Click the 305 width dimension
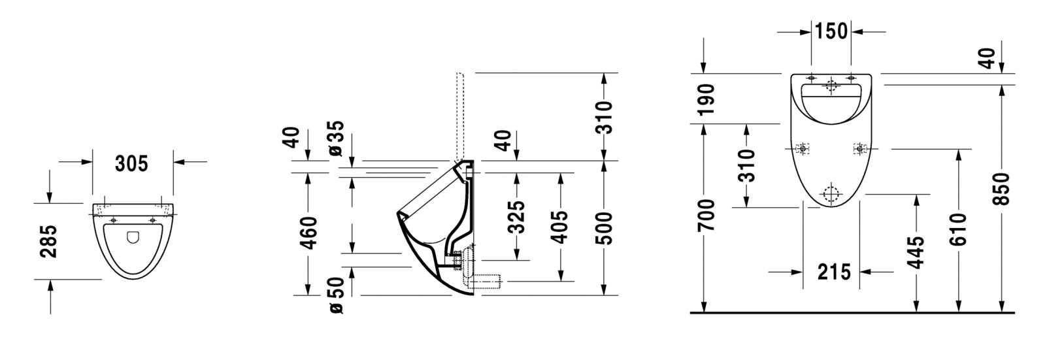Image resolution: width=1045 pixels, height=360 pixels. [x=131, y=164]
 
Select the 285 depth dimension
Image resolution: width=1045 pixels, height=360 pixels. [x=48, y=241]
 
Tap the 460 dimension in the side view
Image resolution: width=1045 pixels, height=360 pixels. [x=308, y=232]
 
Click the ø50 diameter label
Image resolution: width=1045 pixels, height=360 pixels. [x=336, y=295]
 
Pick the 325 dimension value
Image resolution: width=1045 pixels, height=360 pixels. [x=516, y=217]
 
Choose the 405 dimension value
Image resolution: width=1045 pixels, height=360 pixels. [x=559, y=227]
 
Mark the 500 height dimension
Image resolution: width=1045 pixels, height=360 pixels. [x=604, y=229]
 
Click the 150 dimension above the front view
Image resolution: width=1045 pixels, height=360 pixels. [x=831, y=31]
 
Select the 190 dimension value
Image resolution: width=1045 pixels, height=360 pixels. [x=706, y=99]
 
